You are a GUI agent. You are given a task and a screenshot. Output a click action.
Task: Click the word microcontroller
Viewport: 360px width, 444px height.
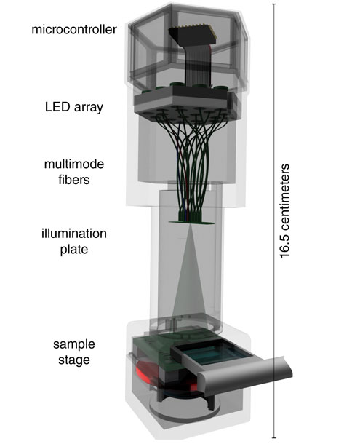coord(74,29)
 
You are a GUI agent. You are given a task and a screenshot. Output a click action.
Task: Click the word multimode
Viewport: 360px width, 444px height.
coord(74,164)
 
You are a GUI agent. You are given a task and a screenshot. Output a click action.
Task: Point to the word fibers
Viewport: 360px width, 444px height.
coord(74,180)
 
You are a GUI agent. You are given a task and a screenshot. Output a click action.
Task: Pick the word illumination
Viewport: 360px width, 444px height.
coord(74,234)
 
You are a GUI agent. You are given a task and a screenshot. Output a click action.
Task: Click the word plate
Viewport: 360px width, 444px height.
coord(74,250)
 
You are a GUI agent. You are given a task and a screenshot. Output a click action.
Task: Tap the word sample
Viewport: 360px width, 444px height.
coord(74,345)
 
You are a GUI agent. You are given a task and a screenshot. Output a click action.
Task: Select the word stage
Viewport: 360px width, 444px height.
coord(74,360)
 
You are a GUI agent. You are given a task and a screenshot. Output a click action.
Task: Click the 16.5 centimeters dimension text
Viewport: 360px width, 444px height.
coord(284,211)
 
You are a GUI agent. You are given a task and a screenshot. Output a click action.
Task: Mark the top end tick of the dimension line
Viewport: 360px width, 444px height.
coord(273,4)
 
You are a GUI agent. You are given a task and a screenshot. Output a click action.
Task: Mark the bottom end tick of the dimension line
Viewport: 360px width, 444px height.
coord(273,437)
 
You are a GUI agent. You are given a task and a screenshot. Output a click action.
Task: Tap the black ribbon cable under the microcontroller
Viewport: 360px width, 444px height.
coord(196,66)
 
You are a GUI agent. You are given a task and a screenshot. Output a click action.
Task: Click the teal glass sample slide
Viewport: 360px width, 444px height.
coord(215,352)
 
